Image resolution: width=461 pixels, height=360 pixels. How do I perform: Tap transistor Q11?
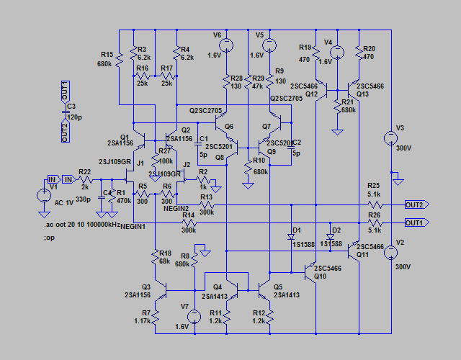(x=355, y=251)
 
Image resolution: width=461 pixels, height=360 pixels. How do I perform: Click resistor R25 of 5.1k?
(x=373, y=204)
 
